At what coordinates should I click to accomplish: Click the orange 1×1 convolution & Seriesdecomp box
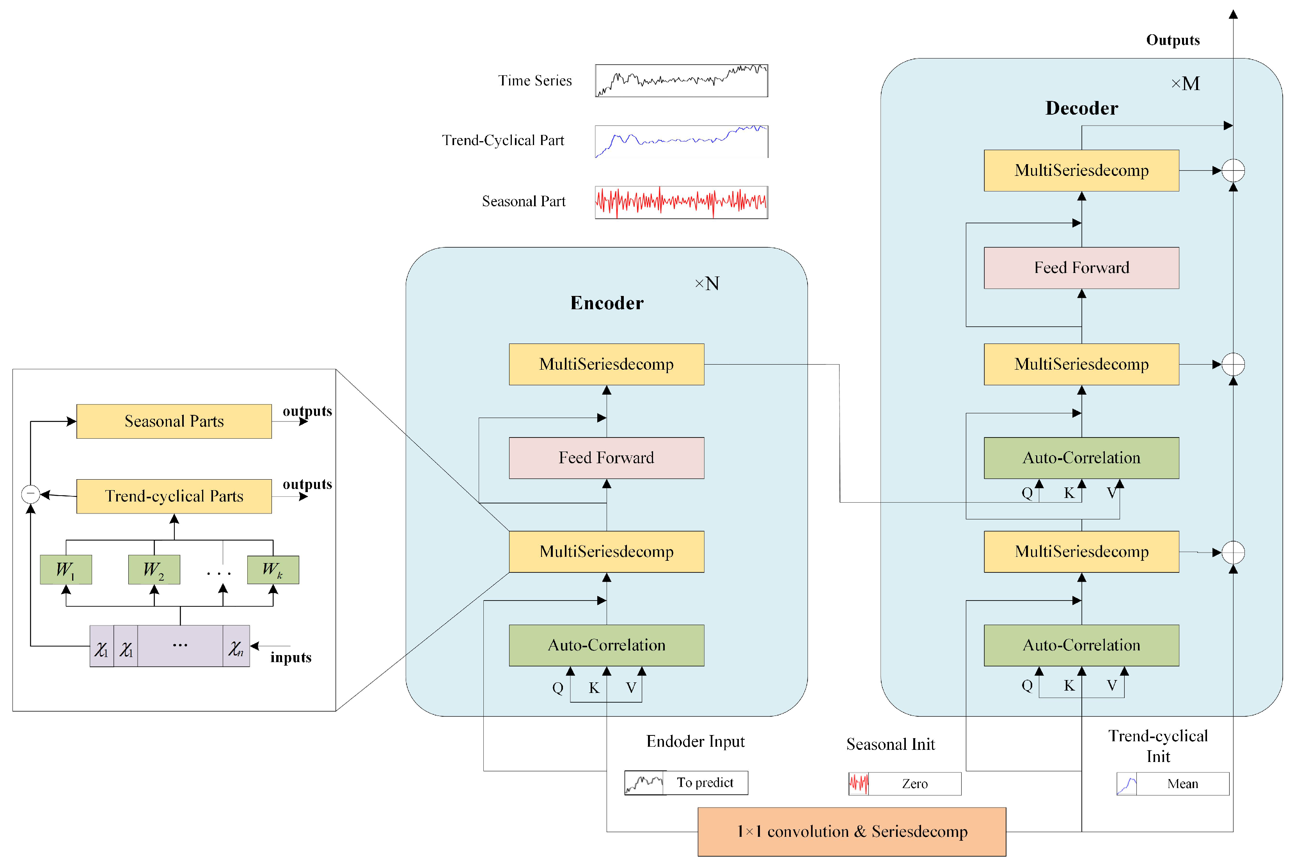pyautogui.click(x=851, y=831)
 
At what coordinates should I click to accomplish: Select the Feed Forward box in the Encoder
pyautogui.click(x=606, y=458)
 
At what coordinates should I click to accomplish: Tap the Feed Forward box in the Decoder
pyautogui.click(x=1081, y=268)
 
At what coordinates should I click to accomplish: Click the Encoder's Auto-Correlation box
pyautogui.click(x=606, y=645)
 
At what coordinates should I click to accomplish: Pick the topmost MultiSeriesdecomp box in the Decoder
pyautogui.click(x=1081, y=170)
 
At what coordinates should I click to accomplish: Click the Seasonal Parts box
pyautogui.click(x=174, y=421)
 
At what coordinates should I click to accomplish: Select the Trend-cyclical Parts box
pyautogui.click(x=174, y=496)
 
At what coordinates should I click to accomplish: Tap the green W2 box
pyautogui.click(x=154, y=570)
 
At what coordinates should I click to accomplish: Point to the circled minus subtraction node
pyautogui.click(x=30, y=494)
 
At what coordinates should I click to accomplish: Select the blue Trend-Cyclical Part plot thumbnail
pyautogui.click(x=681, y=141)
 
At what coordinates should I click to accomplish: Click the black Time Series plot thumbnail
pyautogui.click(x=681, y=81)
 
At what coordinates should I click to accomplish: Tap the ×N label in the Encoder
pyautogui.click(x=707, y=284)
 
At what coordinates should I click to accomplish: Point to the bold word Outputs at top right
pyautogui.click(x=1172, y=41)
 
